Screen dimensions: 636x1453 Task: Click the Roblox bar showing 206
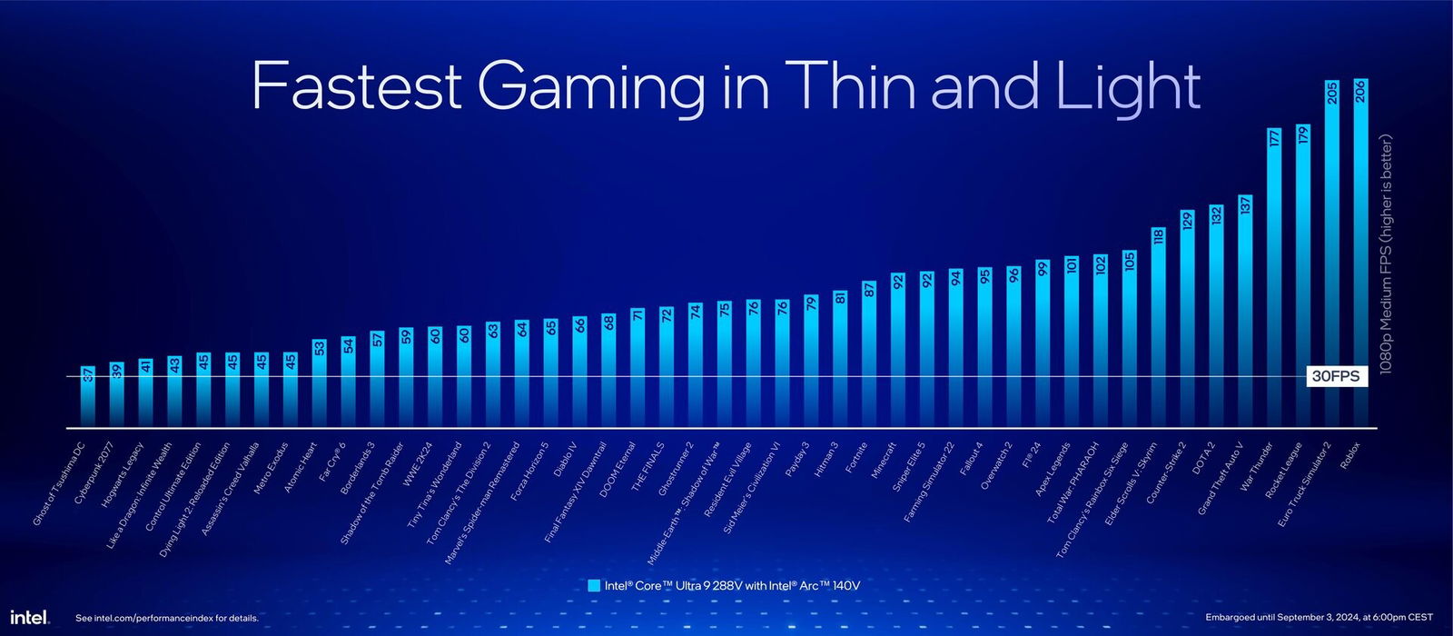pos(1360,254)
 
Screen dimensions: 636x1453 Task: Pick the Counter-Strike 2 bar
pos(1187,318)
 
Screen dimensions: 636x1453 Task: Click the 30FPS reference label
pos(1337,377)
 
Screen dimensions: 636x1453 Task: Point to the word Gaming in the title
pos(590,86)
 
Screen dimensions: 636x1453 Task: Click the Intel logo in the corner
pos(29,617)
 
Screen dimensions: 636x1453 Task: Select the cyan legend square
pos(594,586)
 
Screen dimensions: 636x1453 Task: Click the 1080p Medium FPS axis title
pos(1385,254)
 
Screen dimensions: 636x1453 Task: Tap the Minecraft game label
pos(883,460)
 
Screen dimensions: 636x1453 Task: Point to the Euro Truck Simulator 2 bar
pos(1332,254)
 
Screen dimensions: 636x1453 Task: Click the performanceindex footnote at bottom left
pos(167,618)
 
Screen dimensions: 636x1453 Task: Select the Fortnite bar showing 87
pos(869,354)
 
